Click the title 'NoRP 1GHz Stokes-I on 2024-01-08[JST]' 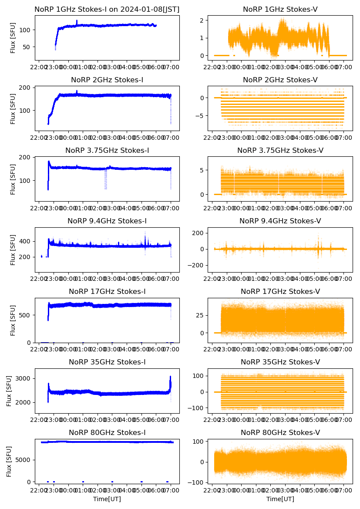coord(107,9)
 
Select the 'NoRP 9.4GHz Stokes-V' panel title coord(280,221)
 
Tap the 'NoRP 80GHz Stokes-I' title coord(107,433)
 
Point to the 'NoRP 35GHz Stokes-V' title coord(280,362)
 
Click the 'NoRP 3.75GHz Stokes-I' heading coord(107,151)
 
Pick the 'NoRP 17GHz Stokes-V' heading coord(280,292)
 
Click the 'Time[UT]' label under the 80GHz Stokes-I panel coord(107,499)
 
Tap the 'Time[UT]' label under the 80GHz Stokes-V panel coord(280,499)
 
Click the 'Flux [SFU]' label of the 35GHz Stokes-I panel coord(9,391)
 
